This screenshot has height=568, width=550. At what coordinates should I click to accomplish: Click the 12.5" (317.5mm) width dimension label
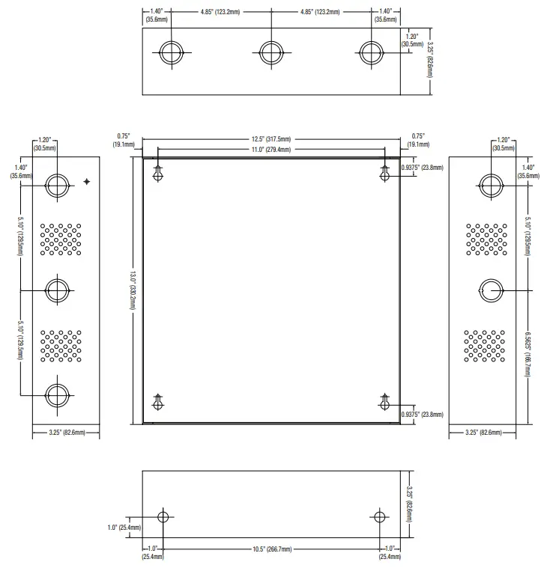pos(271,139)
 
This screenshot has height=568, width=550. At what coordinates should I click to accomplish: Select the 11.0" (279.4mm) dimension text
pos(271,150)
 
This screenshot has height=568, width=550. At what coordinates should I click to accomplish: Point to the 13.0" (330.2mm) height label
pos(133,290)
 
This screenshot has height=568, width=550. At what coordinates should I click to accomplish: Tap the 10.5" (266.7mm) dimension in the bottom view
pos(272,549)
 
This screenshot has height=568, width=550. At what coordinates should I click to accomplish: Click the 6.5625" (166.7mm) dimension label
pos(528,354)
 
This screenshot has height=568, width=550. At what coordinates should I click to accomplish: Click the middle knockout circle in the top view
pos(271,53)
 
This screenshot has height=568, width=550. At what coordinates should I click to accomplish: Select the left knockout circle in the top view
pos(172,53)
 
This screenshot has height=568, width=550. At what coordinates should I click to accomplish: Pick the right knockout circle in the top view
pos(371,53)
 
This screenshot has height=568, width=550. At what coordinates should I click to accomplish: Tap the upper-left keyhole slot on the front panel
pos(158,174)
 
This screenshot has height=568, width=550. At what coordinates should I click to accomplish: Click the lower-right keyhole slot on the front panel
pos(384,402)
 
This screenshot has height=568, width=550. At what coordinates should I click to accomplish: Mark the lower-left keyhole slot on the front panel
pos(158,402)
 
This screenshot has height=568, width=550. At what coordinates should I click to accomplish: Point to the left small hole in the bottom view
pos(163,517)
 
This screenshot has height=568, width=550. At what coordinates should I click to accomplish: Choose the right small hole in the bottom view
pos(379,517)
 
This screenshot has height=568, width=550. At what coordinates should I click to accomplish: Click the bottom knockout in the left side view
pos(57,395)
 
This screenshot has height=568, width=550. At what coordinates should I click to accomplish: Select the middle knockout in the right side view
pos(492,290)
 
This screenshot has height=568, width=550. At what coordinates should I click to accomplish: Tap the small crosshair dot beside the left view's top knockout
pos(87,182)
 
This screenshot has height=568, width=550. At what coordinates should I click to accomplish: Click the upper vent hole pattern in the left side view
pos(61,239)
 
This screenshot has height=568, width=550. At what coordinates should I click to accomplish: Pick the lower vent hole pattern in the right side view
pos(484,346)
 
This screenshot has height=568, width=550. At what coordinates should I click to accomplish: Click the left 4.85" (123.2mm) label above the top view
pos(220,12)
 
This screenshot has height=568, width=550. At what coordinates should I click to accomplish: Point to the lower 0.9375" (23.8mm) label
pos(423,415)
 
